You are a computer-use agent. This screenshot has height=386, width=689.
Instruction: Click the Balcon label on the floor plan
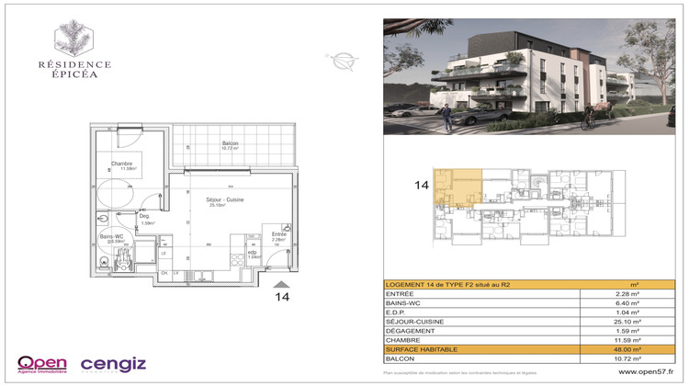click(x=231, y=143)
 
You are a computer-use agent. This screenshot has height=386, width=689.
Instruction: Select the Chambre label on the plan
click(x=123, y=165)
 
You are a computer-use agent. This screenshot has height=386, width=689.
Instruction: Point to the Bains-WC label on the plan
click(x=113, y=237)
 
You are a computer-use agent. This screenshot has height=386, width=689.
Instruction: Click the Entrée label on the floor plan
click(x=278, y=234)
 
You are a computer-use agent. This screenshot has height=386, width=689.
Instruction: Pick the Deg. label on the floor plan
click(x=145, y=217)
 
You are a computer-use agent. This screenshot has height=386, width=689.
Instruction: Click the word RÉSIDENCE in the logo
click(x=74, y=64)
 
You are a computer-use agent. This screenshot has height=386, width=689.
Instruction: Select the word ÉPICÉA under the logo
click(x=74, y=77)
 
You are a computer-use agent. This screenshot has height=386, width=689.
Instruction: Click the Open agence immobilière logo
click(x=41, y=364)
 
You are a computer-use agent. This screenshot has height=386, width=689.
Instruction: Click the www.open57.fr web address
click(x=645, y=371)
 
